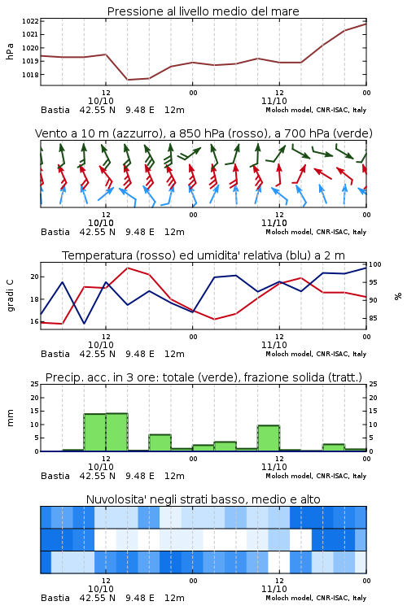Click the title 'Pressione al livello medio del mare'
pos(203,11)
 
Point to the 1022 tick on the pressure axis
pos(30,21)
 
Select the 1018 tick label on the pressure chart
pos(30,75)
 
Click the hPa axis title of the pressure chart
pos(10,51)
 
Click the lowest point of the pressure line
pos(127,80)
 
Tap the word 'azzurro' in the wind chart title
pos(137,134)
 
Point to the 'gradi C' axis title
pos(10,296)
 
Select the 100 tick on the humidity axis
pos(374,264)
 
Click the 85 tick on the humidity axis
pos(373,318)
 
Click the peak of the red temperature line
pos(127,268)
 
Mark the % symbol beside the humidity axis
pos(398,296)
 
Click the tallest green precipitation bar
pos(117,432)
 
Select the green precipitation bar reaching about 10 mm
pos(269,438)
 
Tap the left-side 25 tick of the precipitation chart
pos(34,385)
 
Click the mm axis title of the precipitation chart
pos(10,418)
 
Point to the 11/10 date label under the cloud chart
pos(274,589)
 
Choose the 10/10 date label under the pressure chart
pos(101,101)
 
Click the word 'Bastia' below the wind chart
pos(55,232)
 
